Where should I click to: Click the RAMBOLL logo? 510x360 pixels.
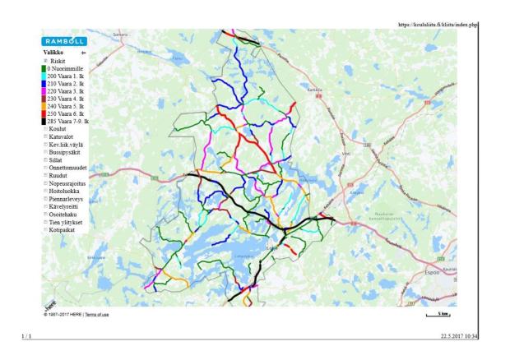(x=63, y=40)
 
